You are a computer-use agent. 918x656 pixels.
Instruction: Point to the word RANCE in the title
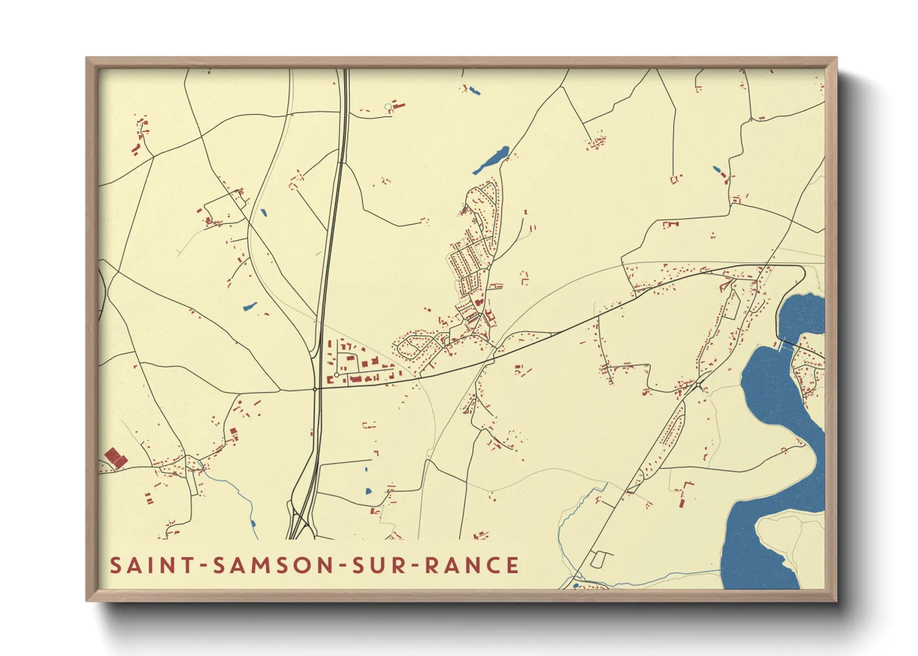pyautogui.click(x=472, y=565)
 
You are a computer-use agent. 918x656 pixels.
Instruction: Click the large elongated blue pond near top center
pyautogui.click(x=492, y=160)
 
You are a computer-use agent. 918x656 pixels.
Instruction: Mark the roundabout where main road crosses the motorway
pyautogui.click(x=315, y=389)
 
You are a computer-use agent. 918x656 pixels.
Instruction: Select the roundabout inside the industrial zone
pyautogui.click(x=336, y=375)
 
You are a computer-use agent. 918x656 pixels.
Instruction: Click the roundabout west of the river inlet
pyautogui.click(x=699, y=386)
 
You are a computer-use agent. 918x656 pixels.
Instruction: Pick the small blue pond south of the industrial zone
pyautogui.click(x=368, y=491)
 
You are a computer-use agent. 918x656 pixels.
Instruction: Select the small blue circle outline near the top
pyautogui.click(x=388, y=107)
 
